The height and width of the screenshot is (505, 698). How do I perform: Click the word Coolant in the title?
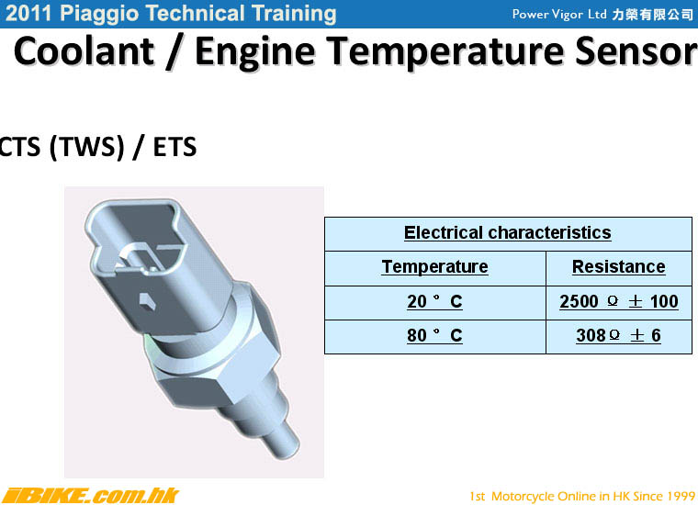coord(84,51)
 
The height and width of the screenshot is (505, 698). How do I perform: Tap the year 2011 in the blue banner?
coord(29,14)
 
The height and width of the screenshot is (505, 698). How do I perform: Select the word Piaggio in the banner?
coord(99,15)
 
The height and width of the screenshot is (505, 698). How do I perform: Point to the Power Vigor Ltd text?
coord(559,15)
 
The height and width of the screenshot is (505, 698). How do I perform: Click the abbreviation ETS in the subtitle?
coord(174,147)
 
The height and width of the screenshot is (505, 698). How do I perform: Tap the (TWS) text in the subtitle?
coord(87,147)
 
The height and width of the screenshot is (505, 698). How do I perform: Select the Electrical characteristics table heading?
coord(508,232)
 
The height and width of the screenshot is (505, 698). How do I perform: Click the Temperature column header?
coord(435,267)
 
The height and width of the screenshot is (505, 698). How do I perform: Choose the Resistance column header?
coord(619,267)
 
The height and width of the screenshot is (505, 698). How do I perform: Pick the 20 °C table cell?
coord(435,302)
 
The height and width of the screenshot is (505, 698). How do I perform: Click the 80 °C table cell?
coord(435,335)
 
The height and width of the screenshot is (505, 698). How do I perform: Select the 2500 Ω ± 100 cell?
coord(619,302)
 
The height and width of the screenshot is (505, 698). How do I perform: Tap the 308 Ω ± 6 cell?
coord(618,335)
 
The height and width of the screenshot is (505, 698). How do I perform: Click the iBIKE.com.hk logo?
coord(90,495)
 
